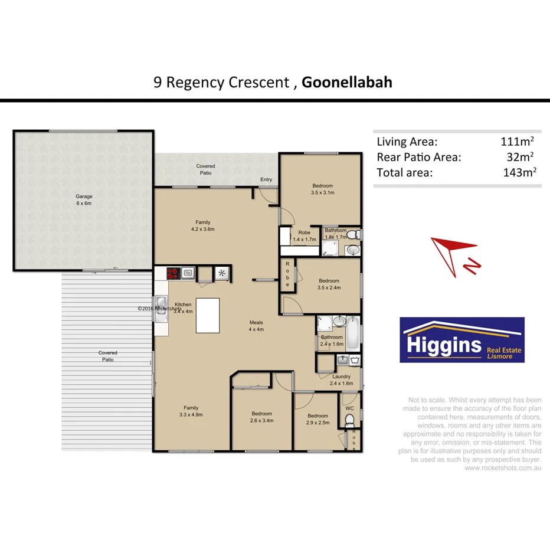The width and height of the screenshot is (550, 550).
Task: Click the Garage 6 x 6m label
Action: [83, 200]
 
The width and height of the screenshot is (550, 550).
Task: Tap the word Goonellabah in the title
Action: [346, 82]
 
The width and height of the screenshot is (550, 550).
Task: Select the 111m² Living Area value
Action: [517, 142]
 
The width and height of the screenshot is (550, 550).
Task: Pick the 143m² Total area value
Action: [517, 172]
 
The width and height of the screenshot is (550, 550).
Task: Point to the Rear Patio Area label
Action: [418, 157]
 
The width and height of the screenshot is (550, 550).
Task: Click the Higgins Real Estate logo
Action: [461, 340]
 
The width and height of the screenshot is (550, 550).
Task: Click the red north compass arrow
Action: [454, 248]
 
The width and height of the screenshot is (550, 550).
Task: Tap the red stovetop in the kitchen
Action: [173, 273]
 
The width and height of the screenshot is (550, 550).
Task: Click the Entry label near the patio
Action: [266, 179]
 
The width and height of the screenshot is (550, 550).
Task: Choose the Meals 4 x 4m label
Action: [256, 326]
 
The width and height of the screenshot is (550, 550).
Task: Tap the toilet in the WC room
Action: [349, 420]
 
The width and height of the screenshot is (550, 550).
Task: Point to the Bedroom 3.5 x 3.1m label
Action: [323, 189]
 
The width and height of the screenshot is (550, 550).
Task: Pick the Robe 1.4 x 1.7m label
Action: [305, 236]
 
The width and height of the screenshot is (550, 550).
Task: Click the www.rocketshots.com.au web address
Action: [503, 468]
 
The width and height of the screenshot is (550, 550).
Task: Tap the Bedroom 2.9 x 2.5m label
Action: [317, 419]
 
